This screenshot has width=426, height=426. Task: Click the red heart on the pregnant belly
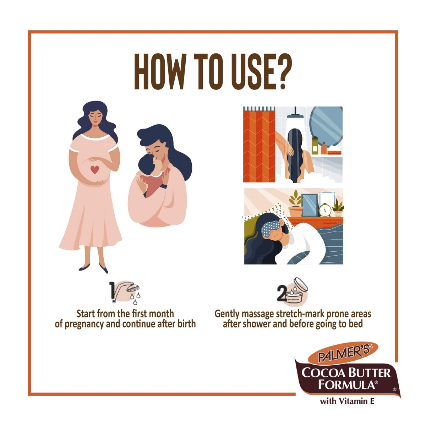pyautogui.click(x=95, y=170)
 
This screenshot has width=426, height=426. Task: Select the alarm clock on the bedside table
pyautogui.click(x=325, y=210)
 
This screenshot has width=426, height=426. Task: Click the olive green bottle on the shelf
pyautogui.click(x=315, y=145)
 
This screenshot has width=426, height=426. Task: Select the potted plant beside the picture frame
pyautogui.click(x=295, y=203)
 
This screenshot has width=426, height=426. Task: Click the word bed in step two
pyautogui.click(x=356, y=324)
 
